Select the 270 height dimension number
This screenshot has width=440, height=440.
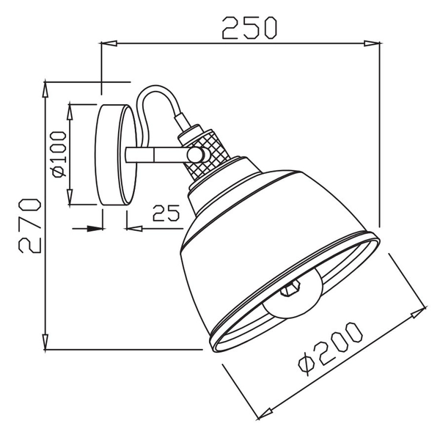coord(27,224)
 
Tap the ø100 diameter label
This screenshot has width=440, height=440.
coord(59,155)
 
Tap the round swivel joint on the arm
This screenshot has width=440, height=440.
coord(195,155)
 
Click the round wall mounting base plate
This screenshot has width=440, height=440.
coord(117,155)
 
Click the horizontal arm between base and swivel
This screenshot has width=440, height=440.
coord(158,155)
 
